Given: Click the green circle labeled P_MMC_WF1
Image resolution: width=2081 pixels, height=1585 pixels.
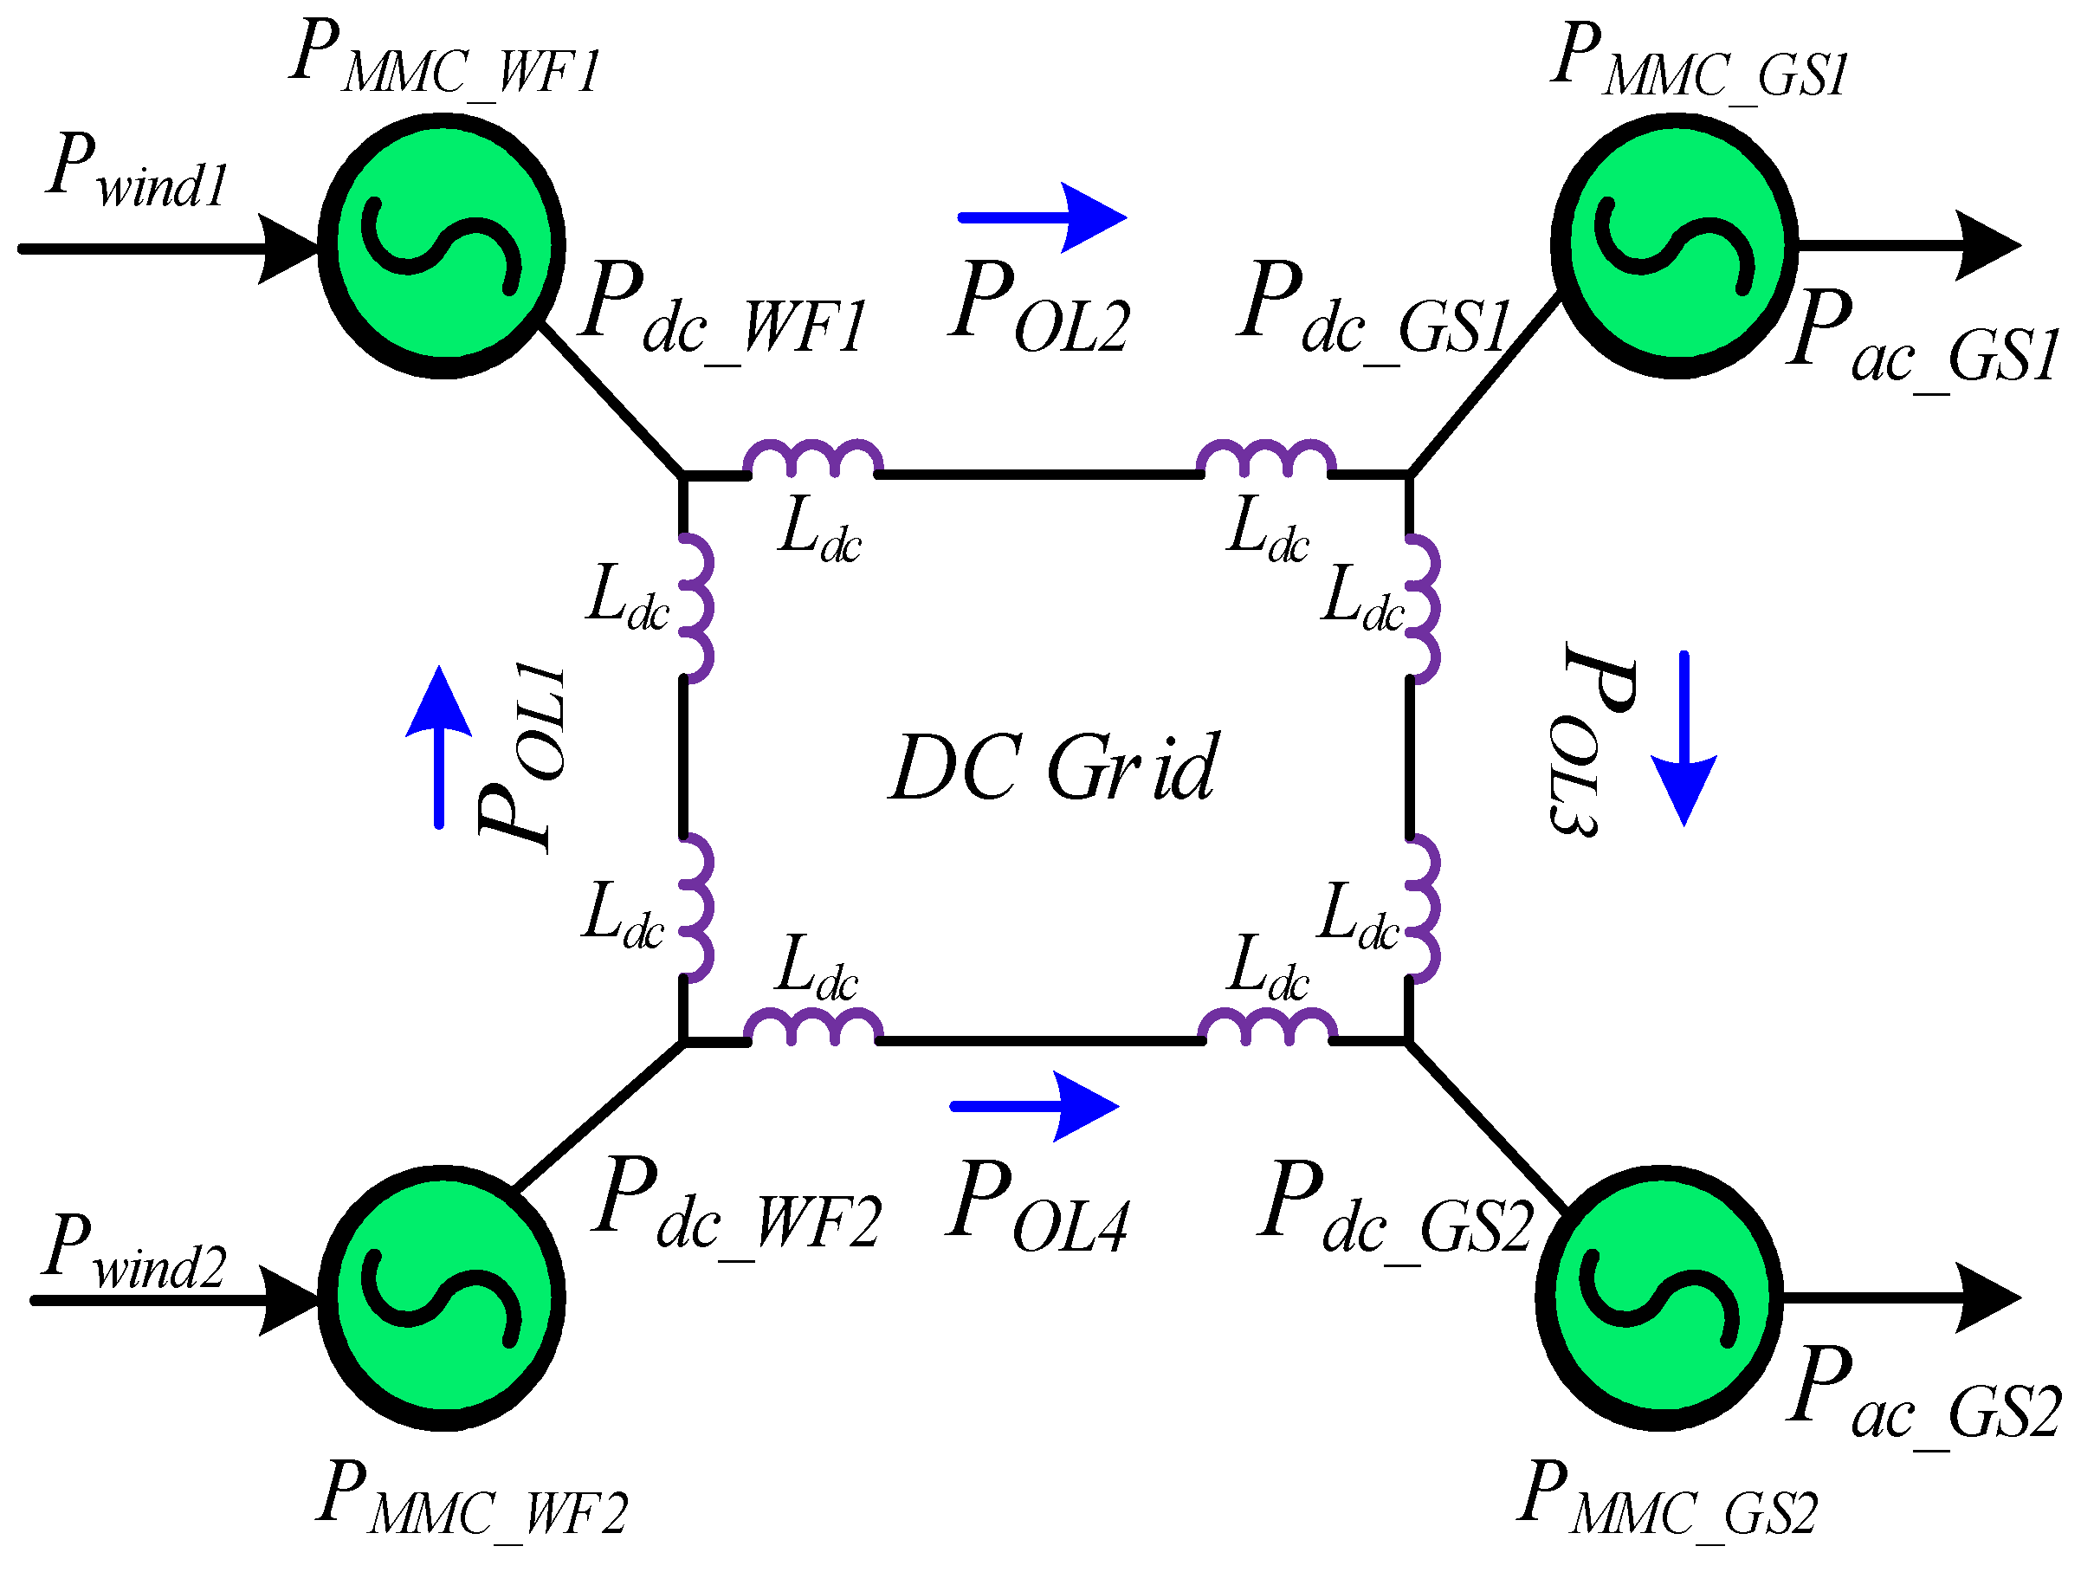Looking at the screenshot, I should (442, 246).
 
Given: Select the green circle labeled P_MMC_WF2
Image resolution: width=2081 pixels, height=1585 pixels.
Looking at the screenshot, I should (442, 1299).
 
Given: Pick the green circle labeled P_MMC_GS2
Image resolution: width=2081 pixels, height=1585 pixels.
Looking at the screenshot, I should (1659, 1299).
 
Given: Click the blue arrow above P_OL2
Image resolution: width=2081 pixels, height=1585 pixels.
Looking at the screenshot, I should (1043, 218).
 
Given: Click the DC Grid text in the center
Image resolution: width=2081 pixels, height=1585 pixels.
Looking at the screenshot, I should (1054, 768).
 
